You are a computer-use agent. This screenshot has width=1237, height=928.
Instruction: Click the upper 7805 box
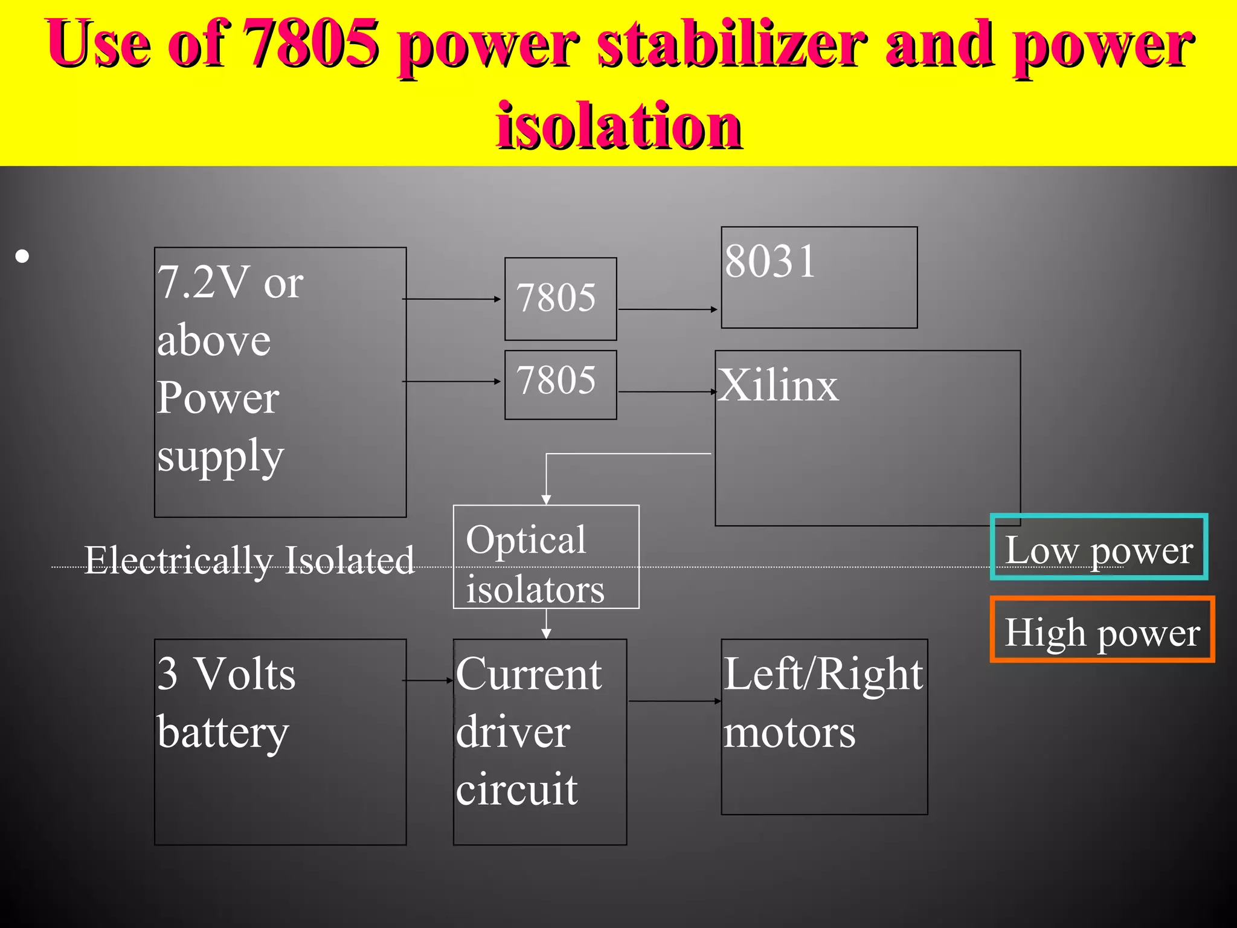[560, 298]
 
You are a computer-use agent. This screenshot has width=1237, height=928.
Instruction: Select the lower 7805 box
[560, 384]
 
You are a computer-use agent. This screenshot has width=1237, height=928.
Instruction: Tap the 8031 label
[770, 262]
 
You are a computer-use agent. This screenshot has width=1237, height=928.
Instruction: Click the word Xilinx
[779, 385]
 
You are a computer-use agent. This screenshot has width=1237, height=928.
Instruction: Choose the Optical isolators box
[545, 556]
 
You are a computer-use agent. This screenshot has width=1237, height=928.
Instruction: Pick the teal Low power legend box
[1099, 547]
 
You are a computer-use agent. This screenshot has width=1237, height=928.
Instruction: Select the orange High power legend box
[1102, 630]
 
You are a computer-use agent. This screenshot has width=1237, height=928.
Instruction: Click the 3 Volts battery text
[226, 702]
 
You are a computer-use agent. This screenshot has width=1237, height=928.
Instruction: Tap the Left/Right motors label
[823, 702]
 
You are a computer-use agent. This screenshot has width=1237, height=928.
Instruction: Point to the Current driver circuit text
[529, 731]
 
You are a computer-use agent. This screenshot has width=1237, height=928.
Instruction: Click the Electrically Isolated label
[249, 560]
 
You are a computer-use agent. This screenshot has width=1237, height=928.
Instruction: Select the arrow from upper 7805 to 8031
[668, 309]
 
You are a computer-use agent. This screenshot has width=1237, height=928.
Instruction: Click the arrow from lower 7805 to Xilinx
[667, 392]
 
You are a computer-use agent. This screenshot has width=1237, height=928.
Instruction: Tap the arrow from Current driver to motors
[674, 701]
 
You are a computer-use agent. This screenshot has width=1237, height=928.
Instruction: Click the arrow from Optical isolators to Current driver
[546, 623]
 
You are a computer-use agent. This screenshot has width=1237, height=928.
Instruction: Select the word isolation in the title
[618, 126]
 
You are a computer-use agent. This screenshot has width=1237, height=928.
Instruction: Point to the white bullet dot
[22, 256]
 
